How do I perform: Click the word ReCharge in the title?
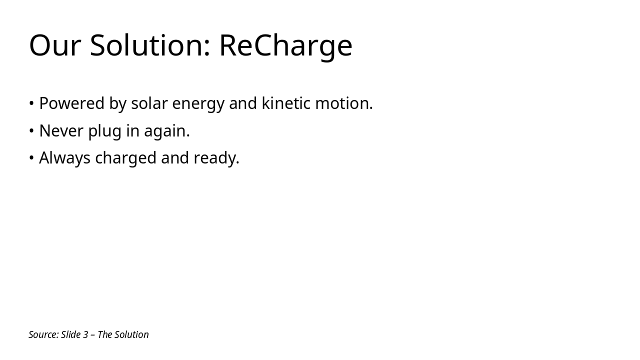click(285, 45)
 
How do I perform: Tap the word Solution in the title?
click(149, 45)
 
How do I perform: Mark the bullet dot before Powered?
click(31, 103)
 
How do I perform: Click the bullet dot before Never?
click(31, 131)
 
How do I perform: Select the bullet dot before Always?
click(31, 158)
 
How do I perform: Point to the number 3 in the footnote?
click(85, 334)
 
